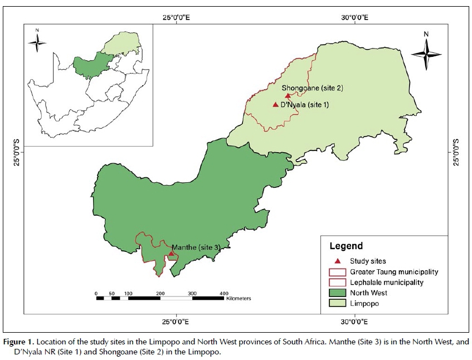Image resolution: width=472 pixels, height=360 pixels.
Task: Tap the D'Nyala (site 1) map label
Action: (305, 104)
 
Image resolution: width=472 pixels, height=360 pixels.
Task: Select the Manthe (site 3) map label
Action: (196, 247)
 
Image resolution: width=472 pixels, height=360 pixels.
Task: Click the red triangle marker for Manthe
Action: (171, 253)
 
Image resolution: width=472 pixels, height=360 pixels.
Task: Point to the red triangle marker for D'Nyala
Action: (275, 104)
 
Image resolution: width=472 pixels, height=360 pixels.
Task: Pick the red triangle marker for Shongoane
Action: (288, 96)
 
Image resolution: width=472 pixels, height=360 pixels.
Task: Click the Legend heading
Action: (346, 246)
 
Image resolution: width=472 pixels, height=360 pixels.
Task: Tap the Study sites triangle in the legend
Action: (338, 261)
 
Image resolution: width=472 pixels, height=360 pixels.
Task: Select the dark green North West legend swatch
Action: (338, 293)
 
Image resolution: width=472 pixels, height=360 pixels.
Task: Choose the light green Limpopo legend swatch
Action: (338, 304)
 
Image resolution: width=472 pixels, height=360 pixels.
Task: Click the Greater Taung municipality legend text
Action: (393, 272)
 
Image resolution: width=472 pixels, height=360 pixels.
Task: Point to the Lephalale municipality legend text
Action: (387, 283)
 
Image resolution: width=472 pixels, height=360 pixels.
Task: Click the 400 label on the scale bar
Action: (224, 293)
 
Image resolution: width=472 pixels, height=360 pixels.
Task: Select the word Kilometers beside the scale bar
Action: (239, 299)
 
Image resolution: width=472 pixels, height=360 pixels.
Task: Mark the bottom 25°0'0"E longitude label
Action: (177, 322)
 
